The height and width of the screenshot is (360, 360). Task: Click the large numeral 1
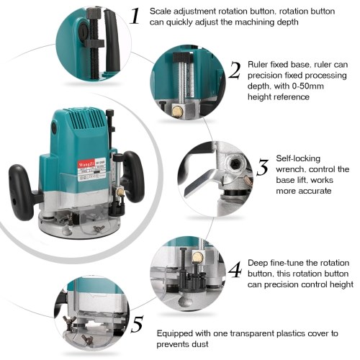coord(135,16)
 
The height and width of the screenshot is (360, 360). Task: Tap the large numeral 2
coord(235,70)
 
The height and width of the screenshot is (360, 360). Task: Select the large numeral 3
coord(263,168)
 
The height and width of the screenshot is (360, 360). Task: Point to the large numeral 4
coord(235,270)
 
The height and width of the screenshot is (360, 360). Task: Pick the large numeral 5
coord(138,324)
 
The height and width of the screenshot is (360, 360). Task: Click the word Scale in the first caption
coord(161,12)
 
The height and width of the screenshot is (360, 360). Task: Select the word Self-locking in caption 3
coord(298,158)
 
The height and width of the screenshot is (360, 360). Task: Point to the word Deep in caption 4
coord(258,263)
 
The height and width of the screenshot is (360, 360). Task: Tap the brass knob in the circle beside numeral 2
coord(178,111)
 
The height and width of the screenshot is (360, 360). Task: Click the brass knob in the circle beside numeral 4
coord(198,257)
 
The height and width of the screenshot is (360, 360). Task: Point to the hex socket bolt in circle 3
coord(233,164)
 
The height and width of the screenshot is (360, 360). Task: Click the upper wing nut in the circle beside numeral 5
coord(69,320)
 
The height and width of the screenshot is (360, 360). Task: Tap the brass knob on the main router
coord(120,192)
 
